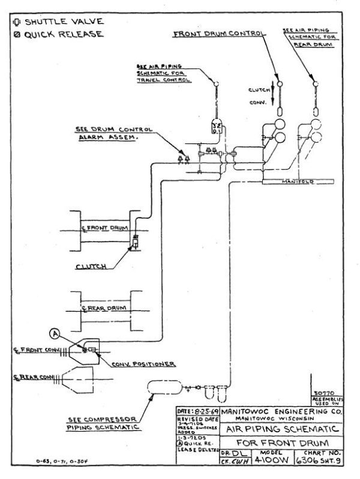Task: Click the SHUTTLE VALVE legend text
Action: [x=57, y=22]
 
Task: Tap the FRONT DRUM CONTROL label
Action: [x=218, y=34]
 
